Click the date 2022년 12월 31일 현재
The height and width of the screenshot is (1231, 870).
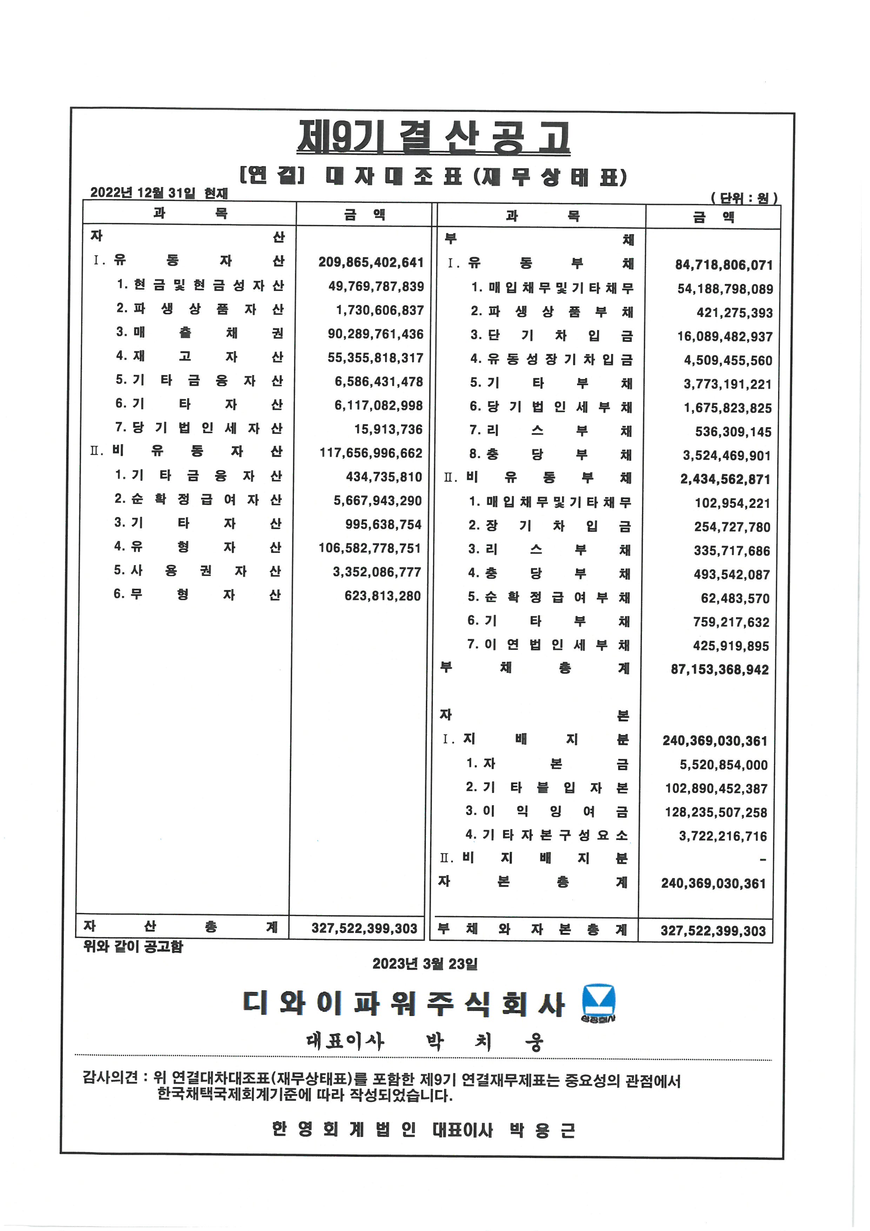[x=159, y=193]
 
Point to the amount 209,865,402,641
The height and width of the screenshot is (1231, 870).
[x=371, y=262]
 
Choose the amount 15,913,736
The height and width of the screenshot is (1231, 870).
[x=388, y=429]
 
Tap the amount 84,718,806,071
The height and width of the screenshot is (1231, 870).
[x=724, y=265]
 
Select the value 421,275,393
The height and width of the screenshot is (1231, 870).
[x=735, y=312]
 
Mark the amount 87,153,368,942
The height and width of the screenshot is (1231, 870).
[x=720, y=670]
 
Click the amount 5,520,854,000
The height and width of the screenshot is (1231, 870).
[x=723, y=765]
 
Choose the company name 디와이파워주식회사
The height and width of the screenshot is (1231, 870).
[x=403, y=1004]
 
